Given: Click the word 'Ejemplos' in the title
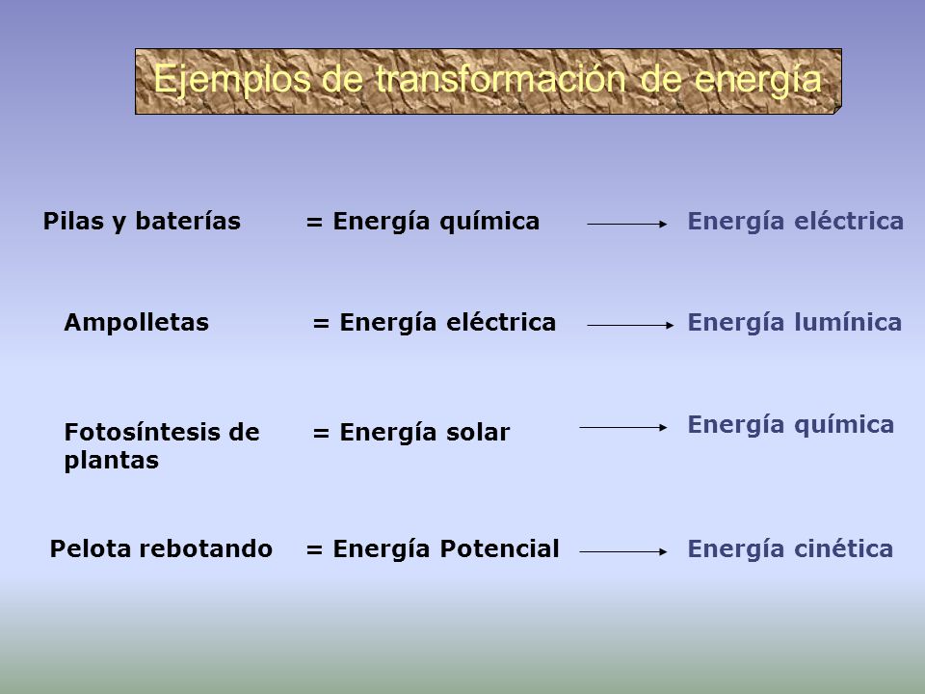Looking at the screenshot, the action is click(x=232, y=80).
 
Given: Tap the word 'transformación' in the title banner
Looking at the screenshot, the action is click(x=500, y=79).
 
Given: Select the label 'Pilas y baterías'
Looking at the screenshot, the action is click(x=142, y=222).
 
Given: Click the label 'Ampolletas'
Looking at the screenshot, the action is click(x=136, y=322).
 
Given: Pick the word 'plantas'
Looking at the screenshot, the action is click(x=112, y=461).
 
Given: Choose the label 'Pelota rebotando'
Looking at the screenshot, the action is click(x=161, y=548).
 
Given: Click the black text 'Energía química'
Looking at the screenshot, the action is click(x=436, y=222).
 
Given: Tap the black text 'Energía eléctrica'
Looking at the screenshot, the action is click(x=448, y=322).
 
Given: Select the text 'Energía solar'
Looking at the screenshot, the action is click(x=425, y=432).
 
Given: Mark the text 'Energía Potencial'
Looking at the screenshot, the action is click(x=446, y=548).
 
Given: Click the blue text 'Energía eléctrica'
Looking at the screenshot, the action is click(x=796, y=222).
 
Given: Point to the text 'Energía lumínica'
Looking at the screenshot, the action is click(x=795, y=322).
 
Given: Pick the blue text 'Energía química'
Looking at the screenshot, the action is click(x=791, y=425).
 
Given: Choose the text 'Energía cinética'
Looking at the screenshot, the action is click(x=790, y=548).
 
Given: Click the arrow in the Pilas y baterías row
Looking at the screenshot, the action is click(x=627, y=225).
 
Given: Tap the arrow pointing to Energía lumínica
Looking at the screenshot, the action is click(x=630, y=325).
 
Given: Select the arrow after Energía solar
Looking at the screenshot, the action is click(x=623, y=427).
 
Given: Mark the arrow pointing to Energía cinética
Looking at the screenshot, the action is click(x=623, y=551).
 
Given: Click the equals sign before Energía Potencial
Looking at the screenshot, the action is click(x=314, y=549).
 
